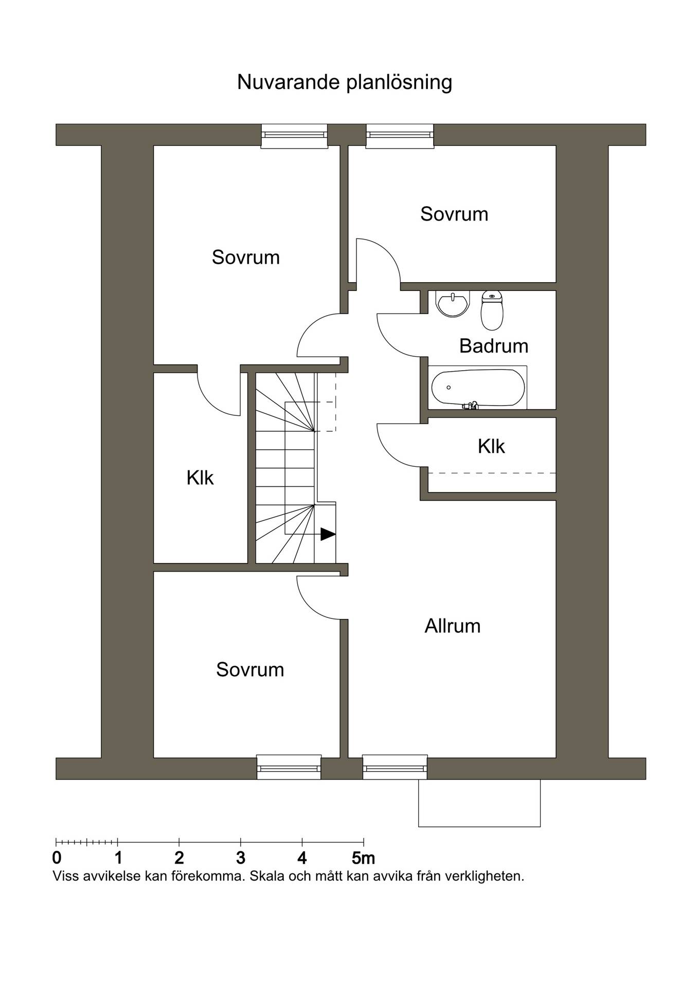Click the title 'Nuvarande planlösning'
click(x=344, y=82)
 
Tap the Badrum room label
click(x=494, y=346)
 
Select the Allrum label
click(x=453, y=626)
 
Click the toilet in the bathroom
click(x=492, y=310)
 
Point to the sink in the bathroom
click(x=453, y=303)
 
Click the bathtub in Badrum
click(x=478, y=388)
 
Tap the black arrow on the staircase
click(x=328, y=534)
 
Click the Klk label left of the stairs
click(x=200, y=478)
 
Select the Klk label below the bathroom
click(x=491, y=446)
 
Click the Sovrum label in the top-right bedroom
click(x=454, y=214)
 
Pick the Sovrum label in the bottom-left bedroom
click(x=250, y=669)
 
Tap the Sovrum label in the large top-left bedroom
click(x=246, y=257)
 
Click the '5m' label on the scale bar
click(x=364, y=858)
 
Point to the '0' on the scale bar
click(x=57, y=858)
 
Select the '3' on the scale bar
click(x=240, y=858)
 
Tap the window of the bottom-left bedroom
click(x=289, y=767)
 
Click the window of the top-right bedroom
click(x=400, y=136)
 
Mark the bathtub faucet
click(x=471, y=406)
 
